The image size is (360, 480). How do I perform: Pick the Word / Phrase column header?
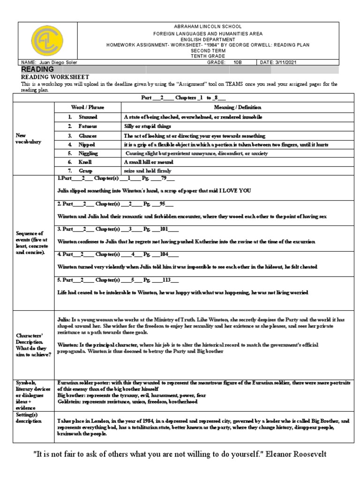(88, 107)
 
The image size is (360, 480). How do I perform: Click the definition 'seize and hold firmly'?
(147, 171)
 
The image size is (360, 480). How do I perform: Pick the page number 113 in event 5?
(166, 281)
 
